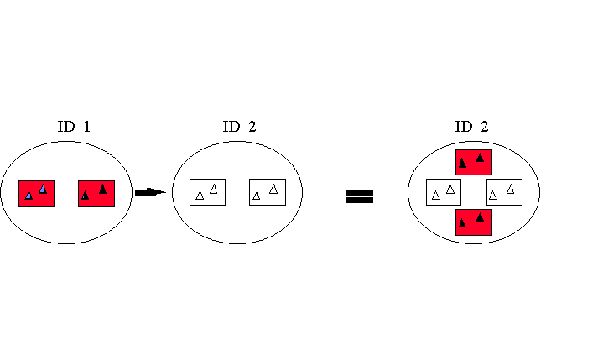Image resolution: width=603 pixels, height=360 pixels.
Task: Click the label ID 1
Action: click(73, 128)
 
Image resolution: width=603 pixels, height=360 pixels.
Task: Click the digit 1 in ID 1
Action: click(86, 128)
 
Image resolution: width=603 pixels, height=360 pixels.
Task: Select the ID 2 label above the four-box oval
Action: click(471, 128)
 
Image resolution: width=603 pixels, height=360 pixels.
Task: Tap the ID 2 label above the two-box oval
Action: click(239, 128)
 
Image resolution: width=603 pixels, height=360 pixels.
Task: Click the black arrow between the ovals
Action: click(149, 192)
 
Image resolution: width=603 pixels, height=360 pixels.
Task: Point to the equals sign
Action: click(360, 196)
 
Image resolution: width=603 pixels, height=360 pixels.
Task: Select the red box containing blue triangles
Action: click(36, 193)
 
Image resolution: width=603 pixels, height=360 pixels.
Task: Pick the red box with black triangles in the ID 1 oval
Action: click(96, 193)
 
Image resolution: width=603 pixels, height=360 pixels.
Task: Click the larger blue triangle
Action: click(43, 190)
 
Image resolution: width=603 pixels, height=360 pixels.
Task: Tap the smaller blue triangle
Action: click(29, 196)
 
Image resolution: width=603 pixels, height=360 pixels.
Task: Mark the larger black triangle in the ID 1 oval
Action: click(102, 189)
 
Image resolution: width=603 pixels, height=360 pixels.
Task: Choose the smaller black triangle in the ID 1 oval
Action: click(86, 196)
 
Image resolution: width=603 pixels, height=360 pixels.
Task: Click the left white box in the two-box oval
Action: click(207, 192)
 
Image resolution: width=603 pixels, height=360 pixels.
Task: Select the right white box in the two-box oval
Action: click(268, 192)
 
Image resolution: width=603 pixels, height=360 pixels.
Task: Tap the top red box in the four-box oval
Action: click(473, 162)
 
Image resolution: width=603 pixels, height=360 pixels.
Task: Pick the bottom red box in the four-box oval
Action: click(473, 222)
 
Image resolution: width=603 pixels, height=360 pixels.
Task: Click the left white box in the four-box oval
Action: click(444, 192)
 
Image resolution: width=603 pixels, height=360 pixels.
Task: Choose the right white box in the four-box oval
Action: click(504, 192)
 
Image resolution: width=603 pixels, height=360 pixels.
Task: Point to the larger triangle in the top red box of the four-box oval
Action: click(480, 158)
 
